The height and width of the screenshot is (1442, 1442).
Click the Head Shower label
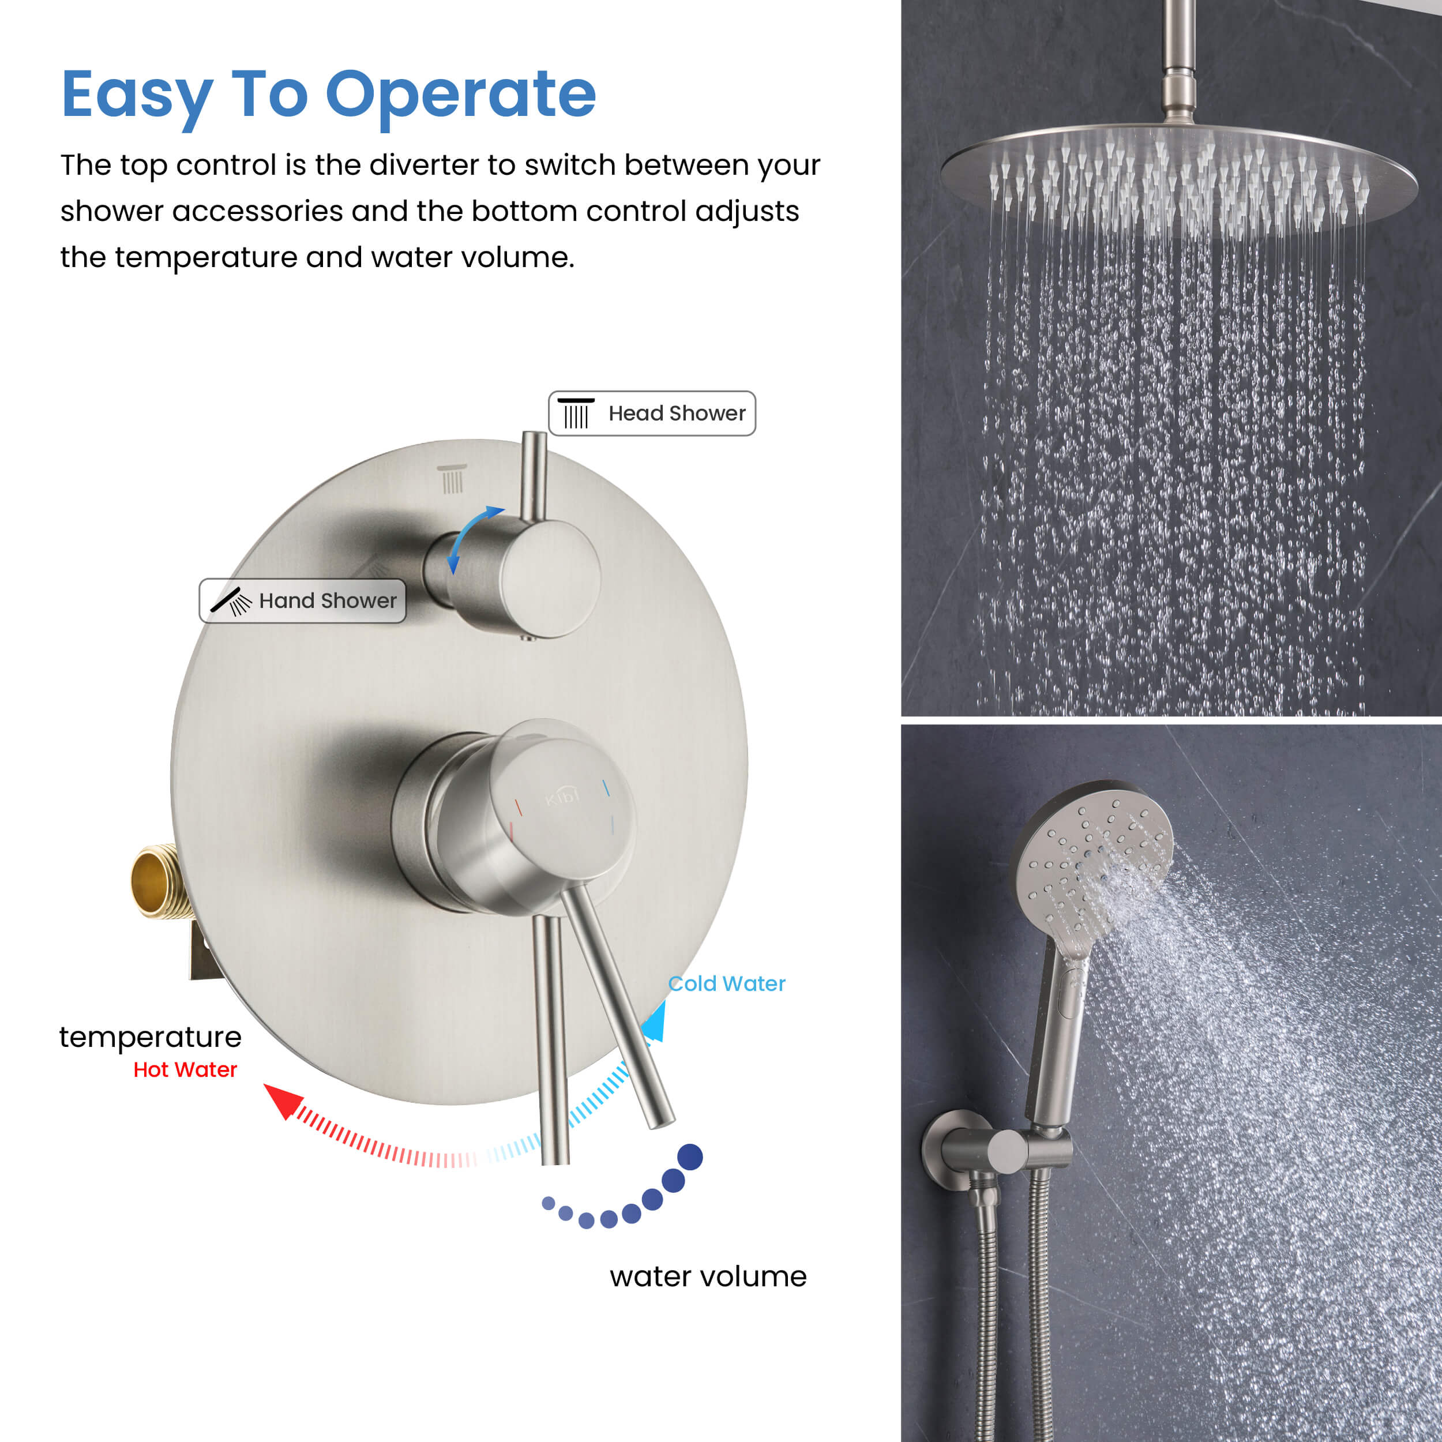point(652,413)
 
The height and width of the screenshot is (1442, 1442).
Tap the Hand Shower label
point(302,601)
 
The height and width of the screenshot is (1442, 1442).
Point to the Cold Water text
point(726,983)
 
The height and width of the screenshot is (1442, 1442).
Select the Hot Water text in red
point(185,1069)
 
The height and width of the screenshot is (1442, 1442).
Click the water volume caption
point(708,1276)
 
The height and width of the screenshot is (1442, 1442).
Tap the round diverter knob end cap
point(550,579)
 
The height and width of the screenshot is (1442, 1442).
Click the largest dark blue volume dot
point(690,1157)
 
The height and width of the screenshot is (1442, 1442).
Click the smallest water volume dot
point(549,1203)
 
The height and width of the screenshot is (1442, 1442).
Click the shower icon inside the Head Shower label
point(576,414)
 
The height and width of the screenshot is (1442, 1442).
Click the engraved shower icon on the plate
point(452,478)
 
